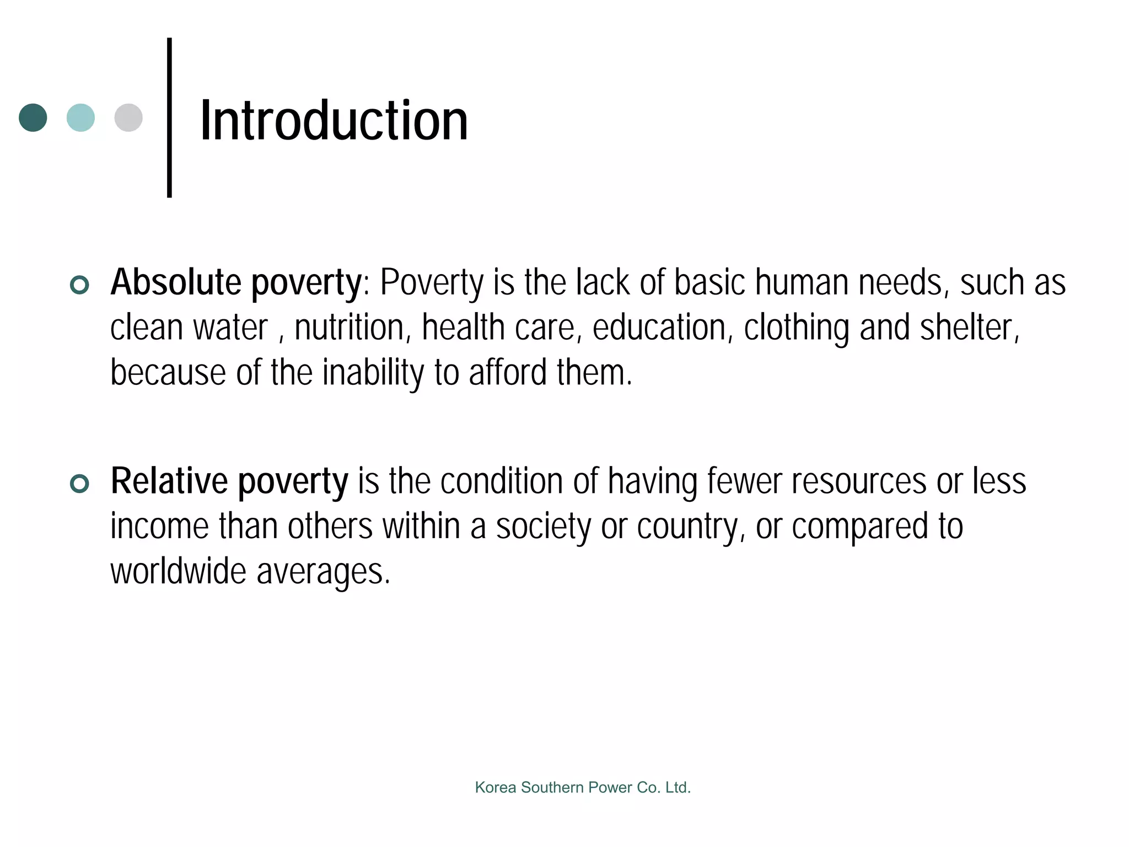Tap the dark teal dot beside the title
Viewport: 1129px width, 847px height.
(33, 117)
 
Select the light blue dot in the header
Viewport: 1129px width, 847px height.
(80, 117)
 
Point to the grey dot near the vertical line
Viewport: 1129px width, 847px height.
(128, 117)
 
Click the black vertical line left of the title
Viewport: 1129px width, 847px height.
(169, 117)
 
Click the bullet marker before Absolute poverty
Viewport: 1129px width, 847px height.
(80, 285)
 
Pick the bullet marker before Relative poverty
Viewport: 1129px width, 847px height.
(80, 484)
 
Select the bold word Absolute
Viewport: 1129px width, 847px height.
(176, 282)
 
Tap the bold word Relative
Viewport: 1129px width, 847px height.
(169, 481)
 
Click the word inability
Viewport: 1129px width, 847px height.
(373, 373)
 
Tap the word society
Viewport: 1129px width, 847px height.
(543, 527)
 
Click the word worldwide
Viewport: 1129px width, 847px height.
(178, 571)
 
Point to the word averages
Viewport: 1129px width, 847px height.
(323, 572)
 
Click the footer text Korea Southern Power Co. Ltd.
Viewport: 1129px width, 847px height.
(583, 787)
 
